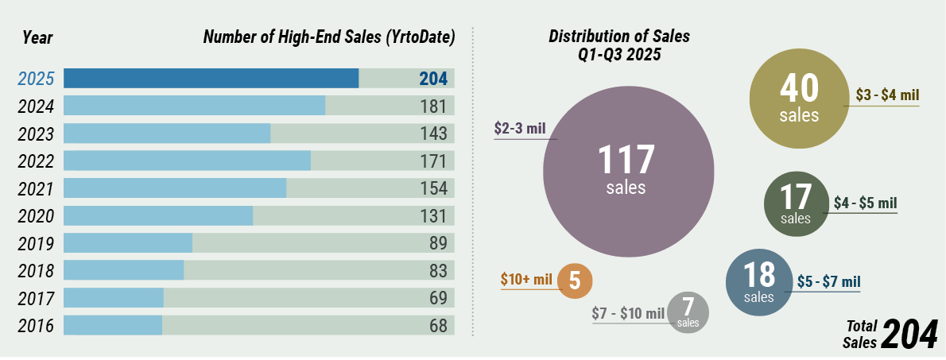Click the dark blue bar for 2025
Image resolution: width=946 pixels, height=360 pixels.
pyautogui.click(x=211, y=79)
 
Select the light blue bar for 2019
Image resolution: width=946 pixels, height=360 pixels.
pyautogui.click(x=127, y=243)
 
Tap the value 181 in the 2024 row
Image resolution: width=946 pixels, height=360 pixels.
pyautogui.click(x=434, y=106)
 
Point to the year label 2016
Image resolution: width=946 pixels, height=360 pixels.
pyautogui.click(x=36, y=326)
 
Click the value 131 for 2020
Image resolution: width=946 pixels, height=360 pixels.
pyautogui.click(x=434, y=215)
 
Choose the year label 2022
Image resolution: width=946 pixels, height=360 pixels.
pyautogui.click(x=36, y=161)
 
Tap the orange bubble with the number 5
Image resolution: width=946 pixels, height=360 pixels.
pyautogui.click(x=575, y=280)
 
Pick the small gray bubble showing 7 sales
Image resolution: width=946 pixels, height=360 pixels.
pyautogui.click(x=688, y=312)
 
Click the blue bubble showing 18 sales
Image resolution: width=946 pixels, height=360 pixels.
pyautogui.click(x=759, y=281)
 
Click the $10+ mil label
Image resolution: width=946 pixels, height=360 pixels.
pyautogui.click(x=526, y=280)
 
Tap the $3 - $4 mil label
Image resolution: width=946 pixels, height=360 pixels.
pyautogui.click(x=887, y=95)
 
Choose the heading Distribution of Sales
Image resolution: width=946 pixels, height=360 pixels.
pyautogui.click(x=619, y=37)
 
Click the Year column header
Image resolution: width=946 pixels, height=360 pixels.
pyautogui.click(x=37, y=37)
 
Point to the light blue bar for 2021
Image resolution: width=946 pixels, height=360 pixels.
pyautogui.click(x=174, y=188)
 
